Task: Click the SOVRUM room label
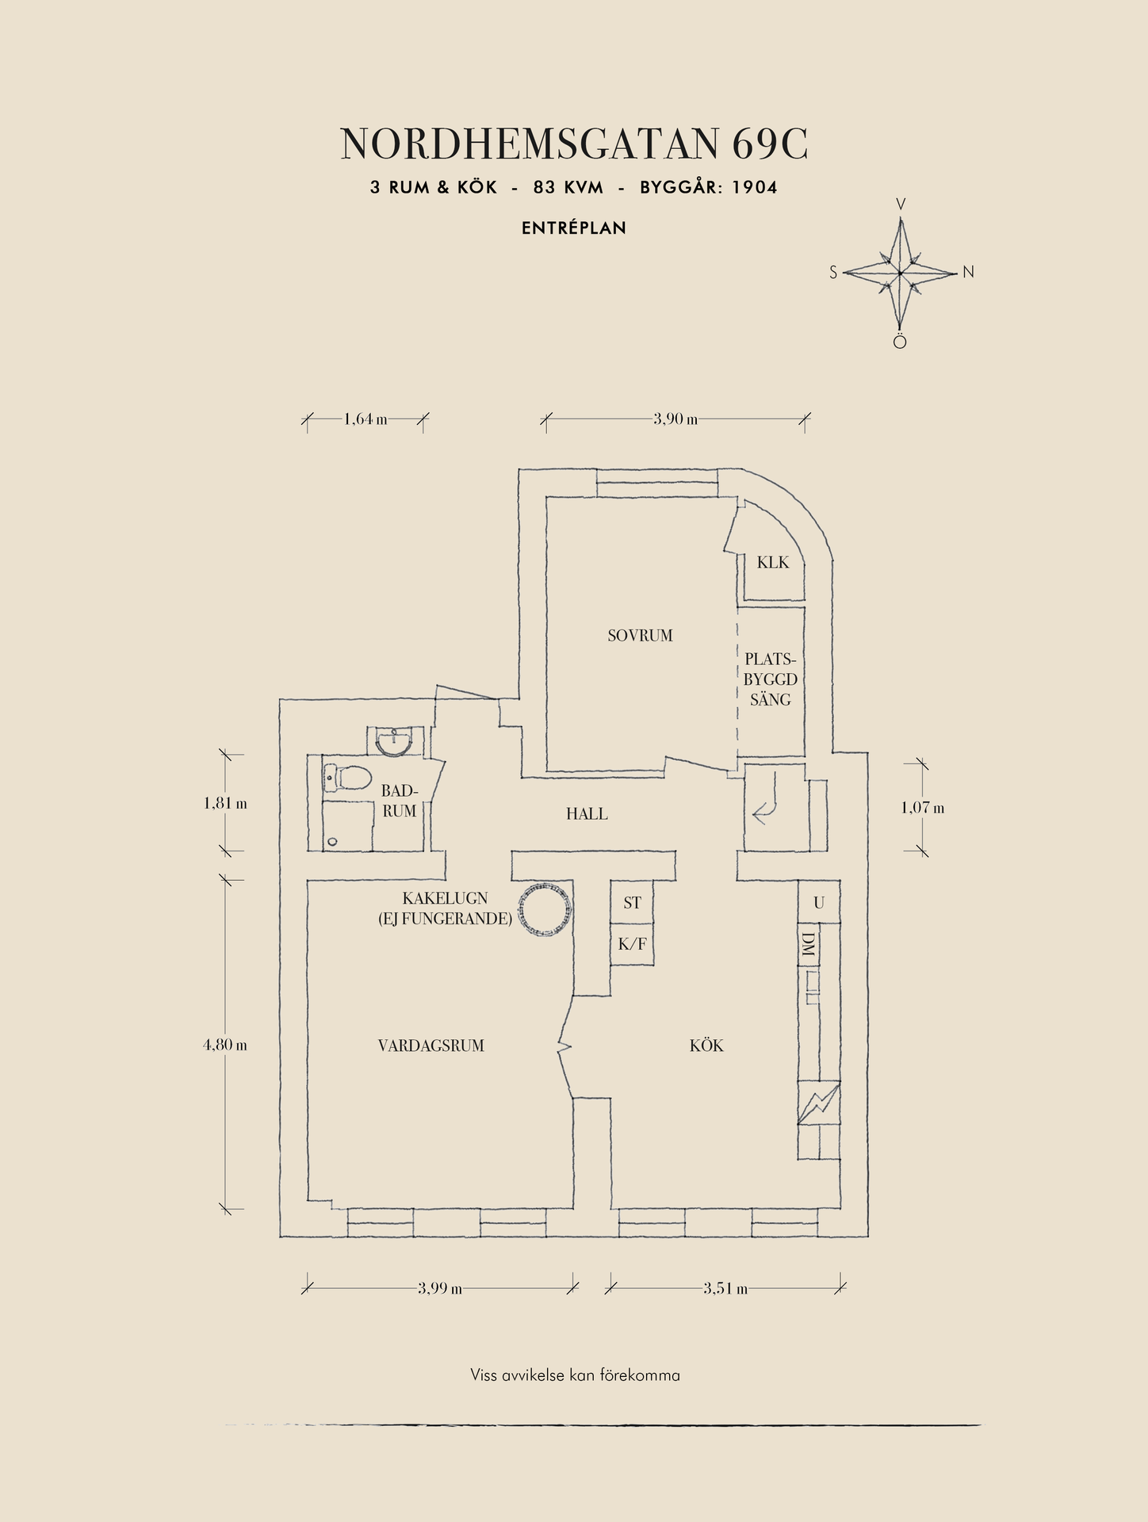click(x=640, y=636)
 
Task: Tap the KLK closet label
click(x=773, y=563)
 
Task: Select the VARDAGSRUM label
click(x=431, y=1046)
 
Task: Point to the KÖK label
click(x=706, y=1046)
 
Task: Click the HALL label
click(x=587, y=814)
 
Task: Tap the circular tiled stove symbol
click(x=544, y=909)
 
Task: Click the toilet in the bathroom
click(x=346, y=778)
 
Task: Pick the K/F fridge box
click(x=632, y=944)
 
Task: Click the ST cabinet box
click(x=632, y=902)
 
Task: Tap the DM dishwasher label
click(x=808, y=944)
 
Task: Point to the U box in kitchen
click(x=819, y=902)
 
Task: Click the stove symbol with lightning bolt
click(x=819, y=1103)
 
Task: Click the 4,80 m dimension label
click(x=225, y=1045)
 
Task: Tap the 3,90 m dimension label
click(x=675, y=419)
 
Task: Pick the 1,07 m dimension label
click(x=923, y=809)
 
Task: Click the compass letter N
click(x=968, y=273)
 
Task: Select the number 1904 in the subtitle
click(x=755, y=188)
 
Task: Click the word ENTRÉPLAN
click(x=574, y=228)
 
